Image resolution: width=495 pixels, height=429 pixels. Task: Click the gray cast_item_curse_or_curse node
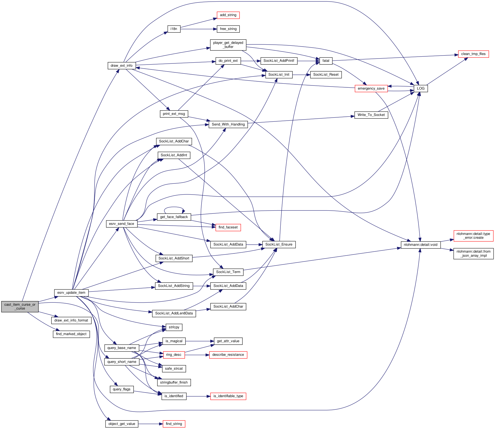20,307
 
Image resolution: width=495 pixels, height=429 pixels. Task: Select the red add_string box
228,15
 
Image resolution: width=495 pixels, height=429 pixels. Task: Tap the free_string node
228,29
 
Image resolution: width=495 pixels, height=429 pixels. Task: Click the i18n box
174,29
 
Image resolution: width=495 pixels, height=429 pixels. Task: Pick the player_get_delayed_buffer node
228,45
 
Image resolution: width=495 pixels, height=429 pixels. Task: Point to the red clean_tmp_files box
473,54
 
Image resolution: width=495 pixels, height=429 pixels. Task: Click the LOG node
420,88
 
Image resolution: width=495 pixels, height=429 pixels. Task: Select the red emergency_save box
371,88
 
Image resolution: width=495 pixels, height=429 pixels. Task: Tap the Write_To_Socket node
371,115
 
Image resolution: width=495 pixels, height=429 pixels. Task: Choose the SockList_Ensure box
279,244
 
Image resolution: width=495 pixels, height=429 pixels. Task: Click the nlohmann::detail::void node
420,245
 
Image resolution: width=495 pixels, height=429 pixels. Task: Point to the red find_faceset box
228,227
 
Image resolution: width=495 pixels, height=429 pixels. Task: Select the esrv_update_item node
71,293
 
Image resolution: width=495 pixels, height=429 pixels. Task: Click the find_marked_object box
71,334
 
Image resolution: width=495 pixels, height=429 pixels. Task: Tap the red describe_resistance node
228,355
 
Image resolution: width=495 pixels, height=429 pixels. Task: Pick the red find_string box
174,424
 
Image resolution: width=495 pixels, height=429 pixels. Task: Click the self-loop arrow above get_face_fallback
174,207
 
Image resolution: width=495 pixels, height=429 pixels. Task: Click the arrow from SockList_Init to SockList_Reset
301,75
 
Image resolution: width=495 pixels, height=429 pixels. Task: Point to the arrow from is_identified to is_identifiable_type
198,396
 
